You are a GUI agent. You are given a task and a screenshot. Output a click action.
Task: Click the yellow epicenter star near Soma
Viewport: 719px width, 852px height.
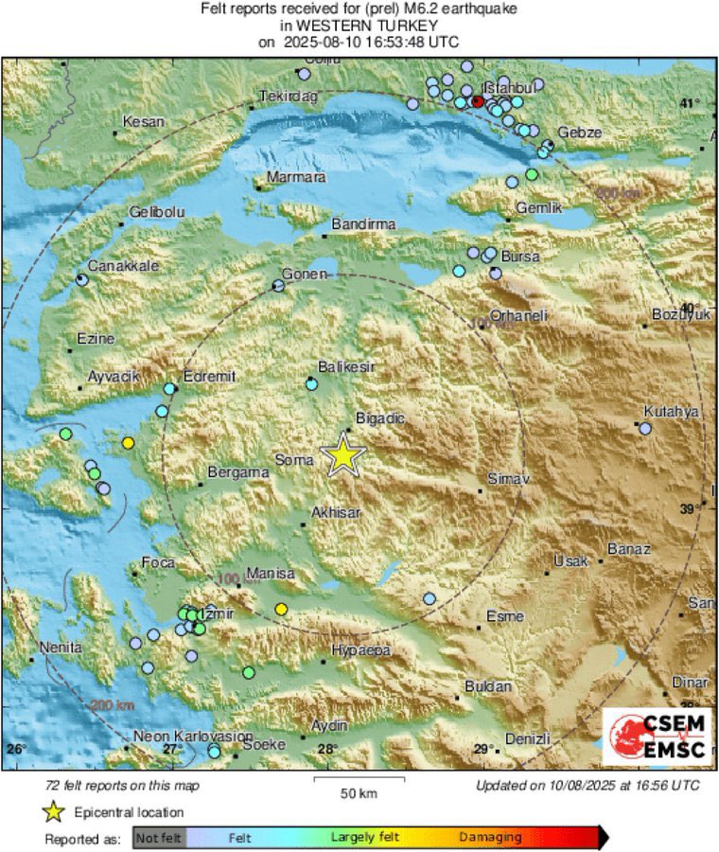coord(343,455)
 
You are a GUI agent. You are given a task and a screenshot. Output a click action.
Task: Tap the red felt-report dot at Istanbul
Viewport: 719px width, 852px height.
coord(478,101)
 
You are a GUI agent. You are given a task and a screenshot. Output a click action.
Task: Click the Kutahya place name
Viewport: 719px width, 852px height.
coord(670,411)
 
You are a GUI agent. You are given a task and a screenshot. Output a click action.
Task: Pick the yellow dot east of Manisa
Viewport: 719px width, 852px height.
coord(280,609)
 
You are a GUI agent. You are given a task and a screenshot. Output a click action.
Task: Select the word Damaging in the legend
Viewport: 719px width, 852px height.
coord(490,837)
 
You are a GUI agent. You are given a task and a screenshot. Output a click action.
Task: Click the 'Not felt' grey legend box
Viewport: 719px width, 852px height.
coord(159,837)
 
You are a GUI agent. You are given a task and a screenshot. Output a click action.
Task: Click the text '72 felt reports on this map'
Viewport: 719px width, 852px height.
coord(123,786)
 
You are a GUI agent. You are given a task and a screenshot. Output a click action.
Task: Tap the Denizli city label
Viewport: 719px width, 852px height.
coord(528,737)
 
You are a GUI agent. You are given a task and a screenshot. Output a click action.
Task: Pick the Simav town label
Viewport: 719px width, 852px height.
coord(507,479)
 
